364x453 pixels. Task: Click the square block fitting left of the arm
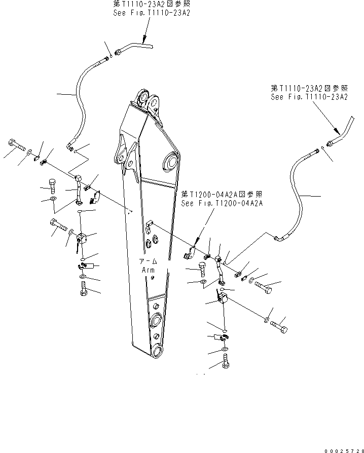82,238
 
